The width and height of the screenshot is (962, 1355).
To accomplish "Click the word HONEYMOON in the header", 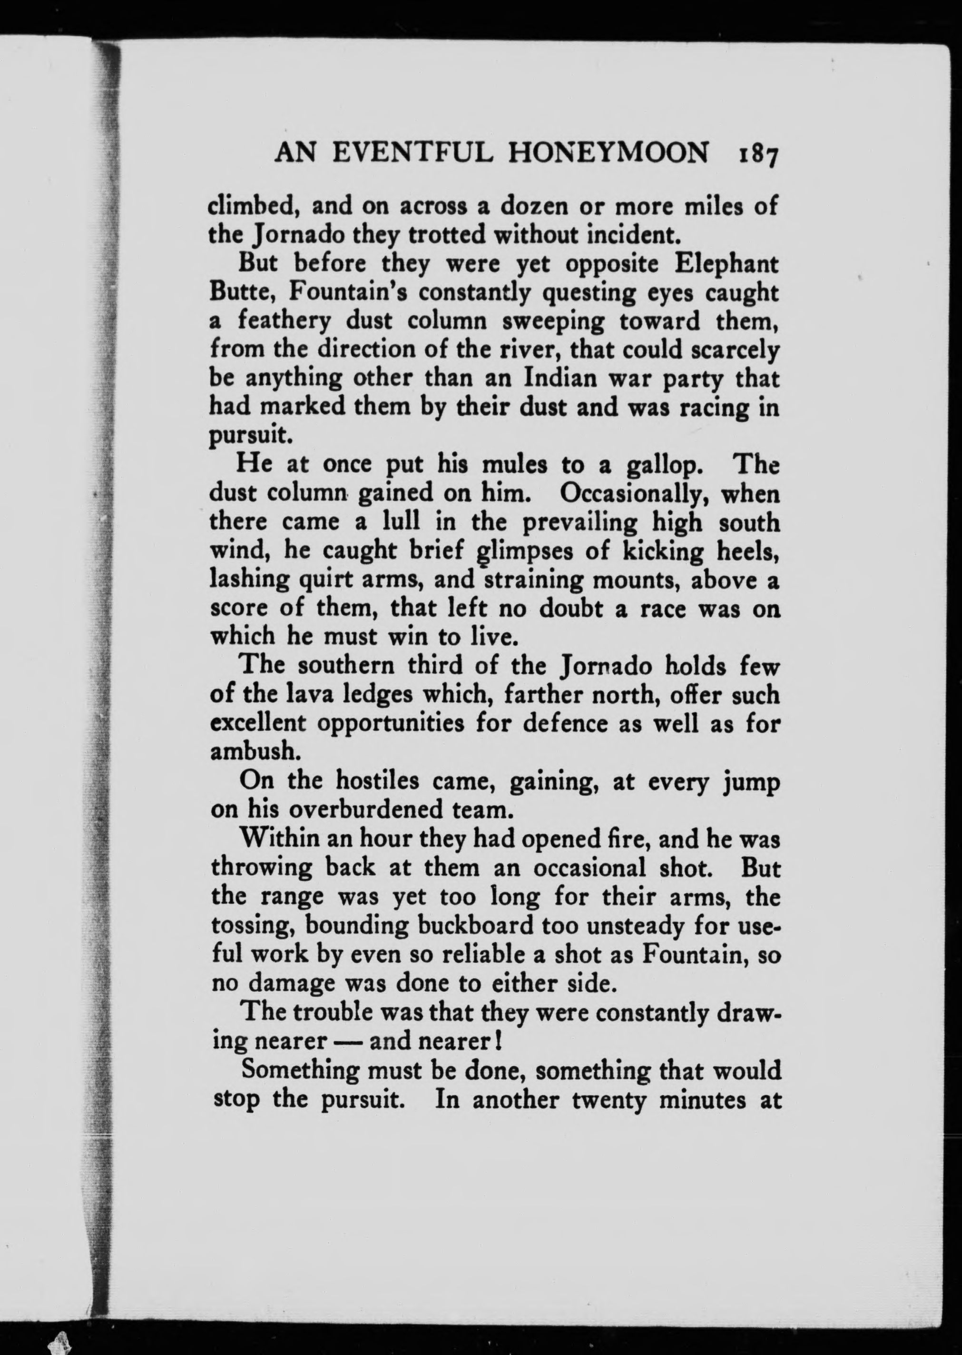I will click(609, 154).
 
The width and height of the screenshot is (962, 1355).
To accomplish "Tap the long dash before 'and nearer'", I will click(348, 1042).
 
